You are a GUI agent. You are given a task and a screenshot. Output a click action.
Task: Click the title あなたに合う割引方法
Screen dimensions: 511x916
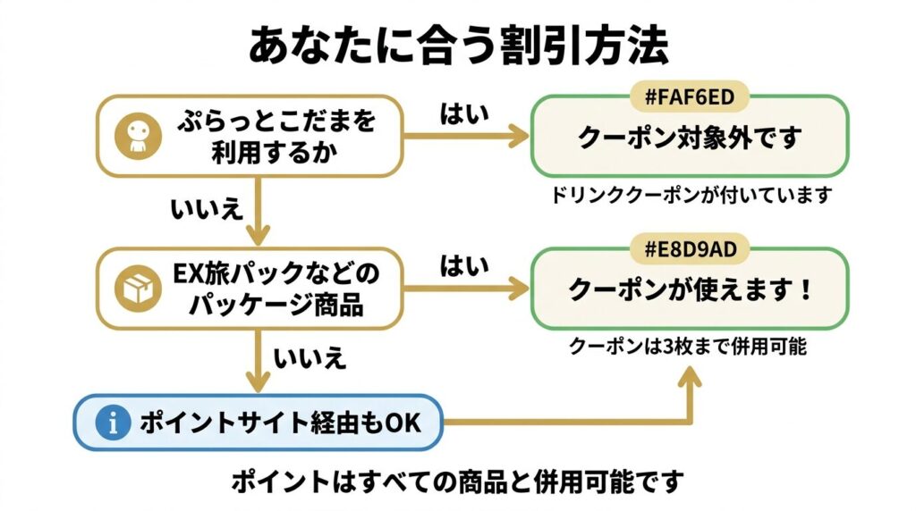457,46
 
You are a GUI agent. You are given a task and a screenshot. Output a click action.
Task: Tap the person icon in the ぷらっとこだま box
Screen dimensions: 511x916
136,136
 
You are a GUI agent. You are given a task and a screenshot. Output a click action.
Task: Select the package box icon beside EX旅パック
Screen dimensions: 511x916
136,287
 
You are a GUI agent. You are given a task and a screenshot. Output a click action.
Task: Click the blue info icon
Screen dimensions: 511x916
113,423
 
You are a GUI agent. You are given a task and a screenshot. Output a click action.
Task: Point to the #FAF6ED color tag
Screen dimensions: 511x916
690,96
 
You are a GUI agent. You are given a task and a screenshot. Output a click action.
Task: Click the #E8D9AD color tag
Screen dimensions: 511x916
690,248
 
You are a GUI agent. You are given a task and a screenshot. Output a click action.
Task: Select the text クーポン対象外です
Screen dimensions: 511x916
689,138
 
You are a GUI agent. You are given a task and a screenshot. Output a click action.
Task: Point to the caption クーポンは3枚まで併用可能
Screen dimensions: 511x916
689,347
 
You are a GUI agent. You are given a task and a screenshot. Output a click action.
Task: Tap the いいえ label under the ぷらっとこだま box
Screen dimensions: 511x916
207,209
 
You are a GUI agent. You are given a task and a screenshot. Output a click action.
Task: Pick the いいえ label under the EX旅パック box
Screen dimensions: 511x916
310,359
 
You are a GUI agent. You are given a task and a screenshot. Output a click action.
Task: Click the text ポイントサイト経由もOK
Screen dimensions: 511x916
279,423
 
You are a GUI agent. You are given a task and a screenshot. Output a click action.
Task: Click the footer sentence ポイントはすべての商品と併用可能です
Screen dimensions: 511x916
457,483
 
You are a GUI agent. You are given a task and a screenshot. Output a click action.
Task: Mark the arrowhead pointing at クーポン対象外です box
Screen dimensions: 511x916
518,137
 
